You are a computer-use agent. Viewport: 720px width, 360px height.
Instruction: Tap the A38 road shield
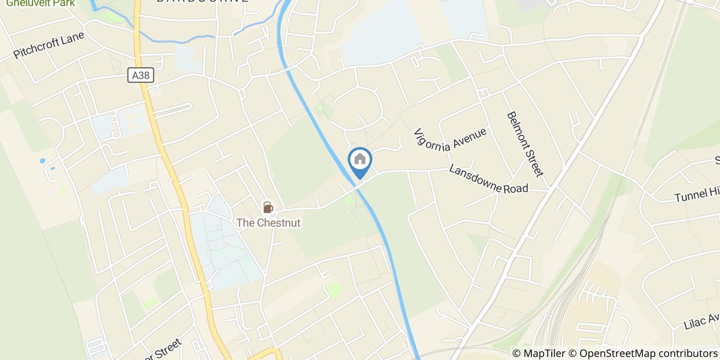click(140, 76)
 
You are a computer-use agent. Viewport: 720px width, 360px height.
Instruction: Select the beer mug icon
click(267, 207)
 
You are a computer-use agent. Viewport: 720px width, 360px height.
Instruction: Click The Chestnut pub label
click(268, 223)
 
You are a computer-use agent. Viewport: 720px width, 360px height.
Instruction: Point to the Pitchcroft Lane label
click(49, 46)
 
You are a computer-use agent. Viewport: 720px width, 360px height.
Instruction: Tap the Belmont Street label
click(525, 144)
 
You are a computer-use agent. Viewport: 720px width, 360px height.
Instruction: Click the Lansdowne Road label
click(488, 178)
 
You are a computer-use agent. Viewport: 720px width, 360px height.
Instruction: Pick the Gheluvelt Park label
click(40, 3)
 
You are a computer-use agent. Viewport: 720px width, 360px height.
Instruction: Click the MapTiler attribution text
click(540, 353)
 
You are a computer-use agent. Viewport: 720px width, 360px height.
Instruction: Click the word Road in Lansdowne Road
click(515, 188)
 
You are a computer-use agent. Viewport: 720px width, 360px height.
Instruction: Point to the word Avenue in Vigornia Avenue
click(469, 138)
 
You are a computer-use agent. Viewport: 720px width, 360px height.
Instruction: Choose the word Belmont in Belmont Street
click(517, 129)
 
